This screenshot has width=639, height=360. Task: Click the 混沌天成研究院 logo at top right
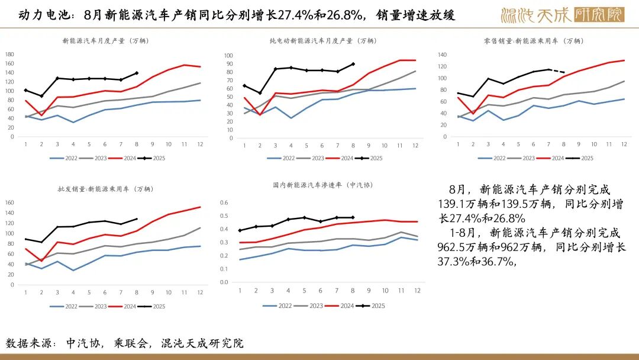(562, 14)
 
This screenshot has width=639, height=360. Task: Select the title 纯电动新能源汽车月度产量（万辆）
(322, 41)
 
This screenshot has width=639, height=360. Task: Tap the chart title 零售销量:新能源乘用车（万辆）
(533, 41)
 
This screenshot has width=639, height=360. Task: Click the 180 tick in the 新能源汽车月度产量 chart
(9, 54)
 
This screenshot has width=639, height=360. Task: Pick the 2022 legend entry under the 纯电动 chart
(280, 158)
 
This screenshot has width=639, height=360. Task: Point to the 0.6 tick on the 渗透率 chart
(224, 202)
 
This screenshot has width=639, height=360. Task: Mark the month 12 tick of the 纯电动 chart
(415, 146)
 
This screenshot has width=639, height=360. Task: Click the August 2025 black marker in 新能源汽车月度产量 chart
(137, 73)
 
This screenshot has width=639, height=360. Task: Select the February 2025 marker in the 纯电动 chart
(260, 93)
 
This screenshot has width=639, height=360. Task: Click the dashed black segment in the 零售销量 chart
(558, 70)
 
